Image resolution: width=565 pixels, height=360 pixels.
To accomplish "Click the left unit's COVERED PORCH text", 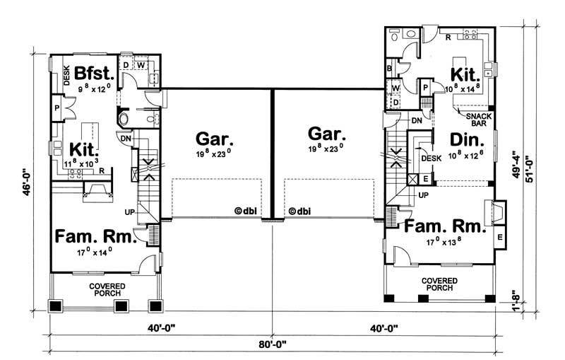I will pyautogui.click(x=107, y=289).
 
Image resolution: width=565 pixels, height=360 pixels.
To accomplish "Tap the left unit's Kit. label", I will pyautogui.click(x=84, y=150).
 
